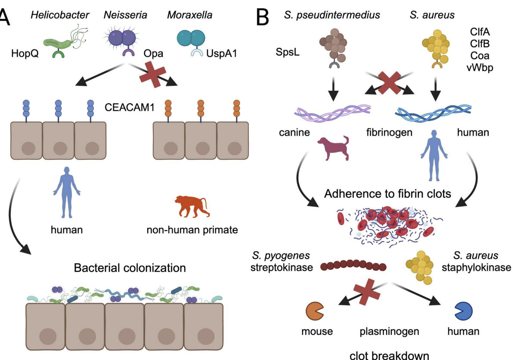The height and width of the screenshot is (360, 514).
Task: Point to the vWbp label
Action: tap(483, 68)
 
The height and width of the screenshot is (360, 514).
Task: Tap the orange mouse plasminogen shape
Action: tap(315, 310)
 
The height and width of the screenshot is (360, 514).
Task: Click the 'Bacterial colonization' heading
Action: tap(130, 268)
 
